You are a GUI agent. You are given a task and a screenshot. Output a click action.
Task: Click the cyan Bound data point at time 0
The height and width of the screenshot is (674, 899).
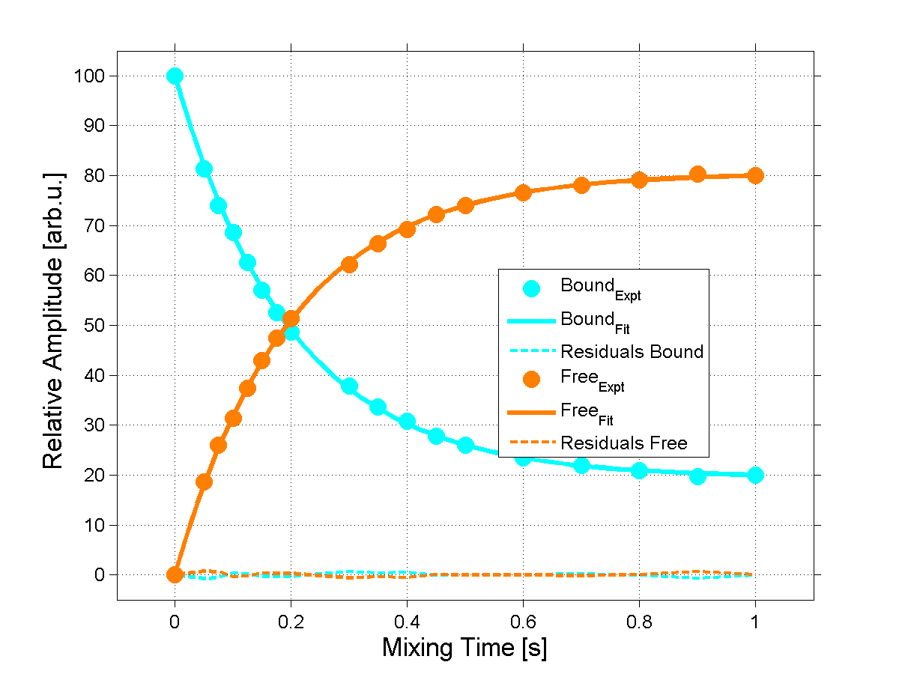coord(175,76)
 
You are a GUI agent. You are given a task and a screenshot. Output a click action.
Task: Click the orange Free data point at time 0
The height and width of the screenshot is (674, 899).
coord(175,574)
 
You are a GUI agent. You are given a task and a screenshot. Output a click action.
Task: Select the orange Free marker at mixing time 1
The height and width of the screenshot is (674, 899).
coord(755,175)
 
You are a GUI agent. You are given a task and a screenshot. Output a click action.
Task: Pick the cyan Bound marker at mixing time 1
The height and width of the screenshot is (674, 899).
coord(755,475)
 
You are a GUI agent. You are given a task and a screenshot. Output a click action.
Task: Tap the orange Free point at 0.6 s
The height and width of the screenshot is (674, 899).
coord(523,192)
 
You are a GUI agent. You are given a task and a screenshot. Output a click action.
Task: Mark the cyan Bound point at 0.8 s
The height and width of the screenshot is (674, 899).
coord(639,470)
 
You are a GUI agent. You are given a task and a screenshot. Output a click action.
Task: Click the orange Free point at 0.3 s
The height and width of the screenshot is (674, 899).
coord(349,264)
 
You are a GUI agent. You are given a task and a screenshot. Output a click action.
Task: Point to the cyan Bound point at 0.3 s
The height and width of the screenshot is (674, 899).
coord(349,386)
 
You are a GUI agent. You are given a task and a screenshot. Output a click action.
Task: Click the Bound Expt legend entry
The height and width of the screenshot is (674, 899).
coord(600,288)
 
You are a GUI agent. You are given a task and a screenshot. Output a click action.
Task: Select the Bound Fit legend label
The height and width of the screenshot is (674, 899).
coord(597,321)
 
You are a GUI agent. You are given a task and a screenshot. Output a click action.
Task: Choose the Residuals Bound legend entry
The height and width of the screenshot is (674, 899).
coord(632,351)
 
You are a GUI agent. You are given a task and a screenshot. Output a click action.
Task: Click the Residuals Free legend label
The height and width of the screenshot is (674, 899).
coord(623,443)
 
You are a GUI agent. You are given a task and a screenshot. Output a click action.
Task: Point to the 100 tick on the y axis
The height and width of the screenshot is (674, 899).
coord(88,76)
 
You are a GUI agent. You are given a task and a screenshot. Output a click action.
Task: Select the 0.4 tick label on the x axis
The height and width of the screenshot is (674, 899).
coord(407,621)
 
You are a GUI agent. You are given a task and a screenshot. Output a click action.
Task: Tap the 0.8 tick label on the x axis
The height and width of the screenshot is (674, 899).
coord(639,621)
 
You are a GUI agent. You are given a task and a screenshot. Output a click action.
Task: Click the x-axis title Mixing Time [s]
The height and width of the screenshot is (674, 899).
coord(464,648)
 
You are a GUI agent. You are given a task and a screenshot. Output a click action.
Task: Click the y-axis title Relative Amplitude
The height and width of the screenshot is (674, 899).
coord(53,321)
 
